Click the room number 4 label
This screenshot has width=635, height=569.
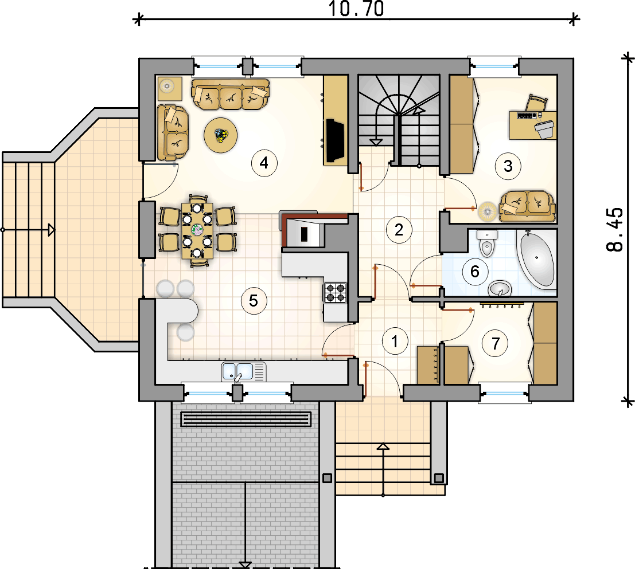click(x=264, y=163)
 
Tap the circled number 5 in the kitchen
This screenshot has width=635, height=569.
click(x=254, y=300)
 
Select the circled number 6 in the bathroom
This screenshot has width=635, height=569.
click(x=475, y=272)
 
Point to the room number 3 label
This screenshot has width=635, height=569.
click(x=508, y=166)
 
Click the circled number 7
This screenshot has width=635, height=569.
click(x=495, y=343)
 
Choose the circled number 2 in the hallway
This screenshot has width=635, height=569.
click(x=399, y=230)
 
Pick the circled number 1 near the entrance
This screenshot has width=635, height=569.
click(x=395, y=341)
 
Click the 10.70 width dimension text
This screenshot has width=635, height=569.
click(x=356, y=9)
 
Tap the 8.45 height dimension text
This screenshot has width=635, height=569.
click(x=615, y=230)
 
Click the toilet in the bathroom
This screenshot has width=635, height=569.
click(x=486, y=244)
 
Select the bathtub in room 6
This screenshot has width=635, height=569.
click(x=536, y=259)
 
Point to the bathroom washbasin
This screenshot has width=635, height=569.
click(x=500, y=289)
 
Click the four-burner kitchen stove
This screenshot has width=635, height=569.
click(x=335, y=293)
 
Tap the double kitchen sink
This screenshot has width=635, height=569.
click(x=244, y=372)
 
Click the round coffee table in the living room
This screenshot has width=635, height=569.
click(x=221, y=135)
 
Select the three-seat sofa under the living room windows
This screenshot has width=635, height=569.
click(x=231, y=95)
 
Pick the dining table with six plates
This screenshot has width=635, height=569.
click(x=197, y=230)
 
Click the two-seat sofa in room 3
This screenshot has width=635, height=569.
click(x=527, y=207)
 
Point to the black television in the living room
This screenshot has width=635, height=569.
click(x=336, y=140)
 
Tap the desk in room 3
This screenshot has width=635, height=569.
click(x=532, y=125)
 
